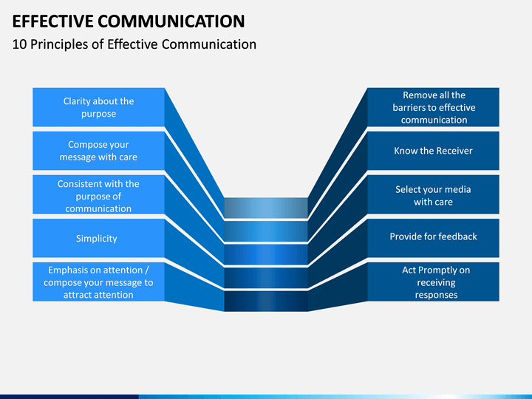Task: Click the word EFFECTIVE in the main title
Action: (52, 21)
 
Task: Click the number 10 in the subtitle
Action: (19, 44)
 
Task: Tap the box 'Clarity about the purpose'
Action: (99, 107)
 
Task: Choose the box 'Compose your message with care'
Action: (99, 151)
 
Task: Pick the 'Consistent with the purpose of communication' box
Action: (99, 194)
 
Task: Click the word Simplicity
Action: (96, 239)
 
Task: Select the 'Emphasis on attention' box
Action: (99, 282)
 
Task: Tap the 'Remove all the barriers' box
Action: (433, 107)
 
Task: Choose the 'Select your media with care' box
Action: (433, 194)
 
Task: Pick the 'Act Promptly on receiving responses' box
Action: (433, 282)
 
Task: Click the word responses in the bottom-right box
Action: (436, 295)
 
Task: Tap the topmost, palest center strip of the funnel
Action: (266, 208)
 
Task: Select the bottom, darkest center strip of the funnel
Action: (266, 301)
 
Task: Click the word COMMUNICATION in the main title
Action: (171, 21)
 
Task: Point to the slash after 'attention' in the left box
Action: (146, 270)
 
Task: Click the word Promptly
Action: (437, 270)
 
